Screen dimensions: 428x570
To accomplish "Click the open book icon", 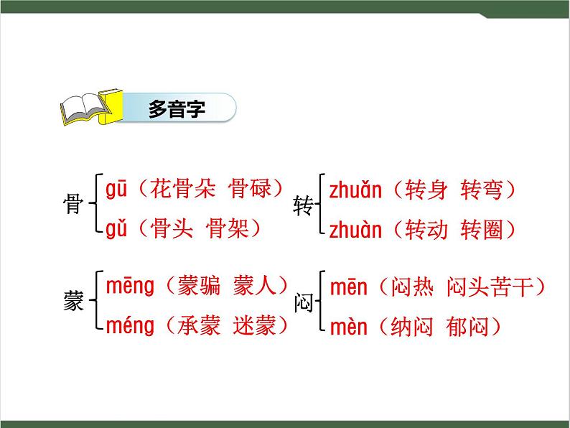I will [x=85, y=108].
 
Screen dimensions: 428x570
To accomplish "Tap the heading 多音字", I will [x=177, y=109].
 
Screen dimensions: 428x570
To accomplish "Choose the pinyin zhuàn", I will [x=355, y=230].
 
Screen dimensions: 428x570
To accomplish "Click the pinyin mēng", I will [x=130, y=287].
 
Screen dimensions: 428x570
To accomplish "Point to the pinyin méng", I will [x=130, y=327].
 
